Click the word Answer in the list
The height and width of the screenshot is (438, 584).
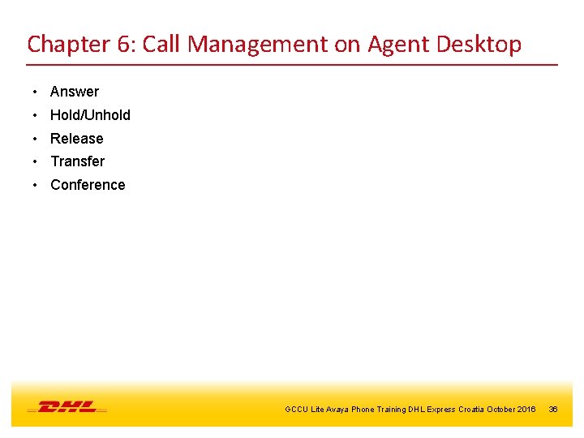pyautogui.click(x=75, y=92)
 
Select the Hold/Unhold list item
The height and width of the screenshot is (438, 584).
pyautogui.click(x=90, y=115)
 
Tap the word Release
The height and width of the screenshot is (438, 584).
pyautogui.click(x=77, y=139)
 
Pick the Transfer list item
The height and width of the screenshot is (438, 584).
pyautogui.click(x=77, y=161)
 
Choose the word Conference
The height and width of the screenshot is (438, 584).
pyautogui.click(x=88, y=185)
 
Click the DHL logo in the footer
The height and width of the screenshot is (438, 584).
pyautogui.click(x=67, y=406)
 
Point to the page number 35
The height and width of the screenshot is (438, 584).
pyautogui.click(x=553, y=410)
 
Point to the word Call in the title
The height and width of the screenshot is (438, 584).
pyautogui.click(x=162, y=45)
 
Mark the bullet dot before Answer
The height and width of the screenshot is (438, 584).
pyautogui.click(x=36, y=92)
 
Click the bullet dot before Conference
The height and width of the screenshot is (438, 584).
pyautogui.click(x=36, y=185)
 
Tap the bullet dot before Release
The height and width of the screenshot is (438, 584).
pyautogui.click(x=36, y=139)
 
